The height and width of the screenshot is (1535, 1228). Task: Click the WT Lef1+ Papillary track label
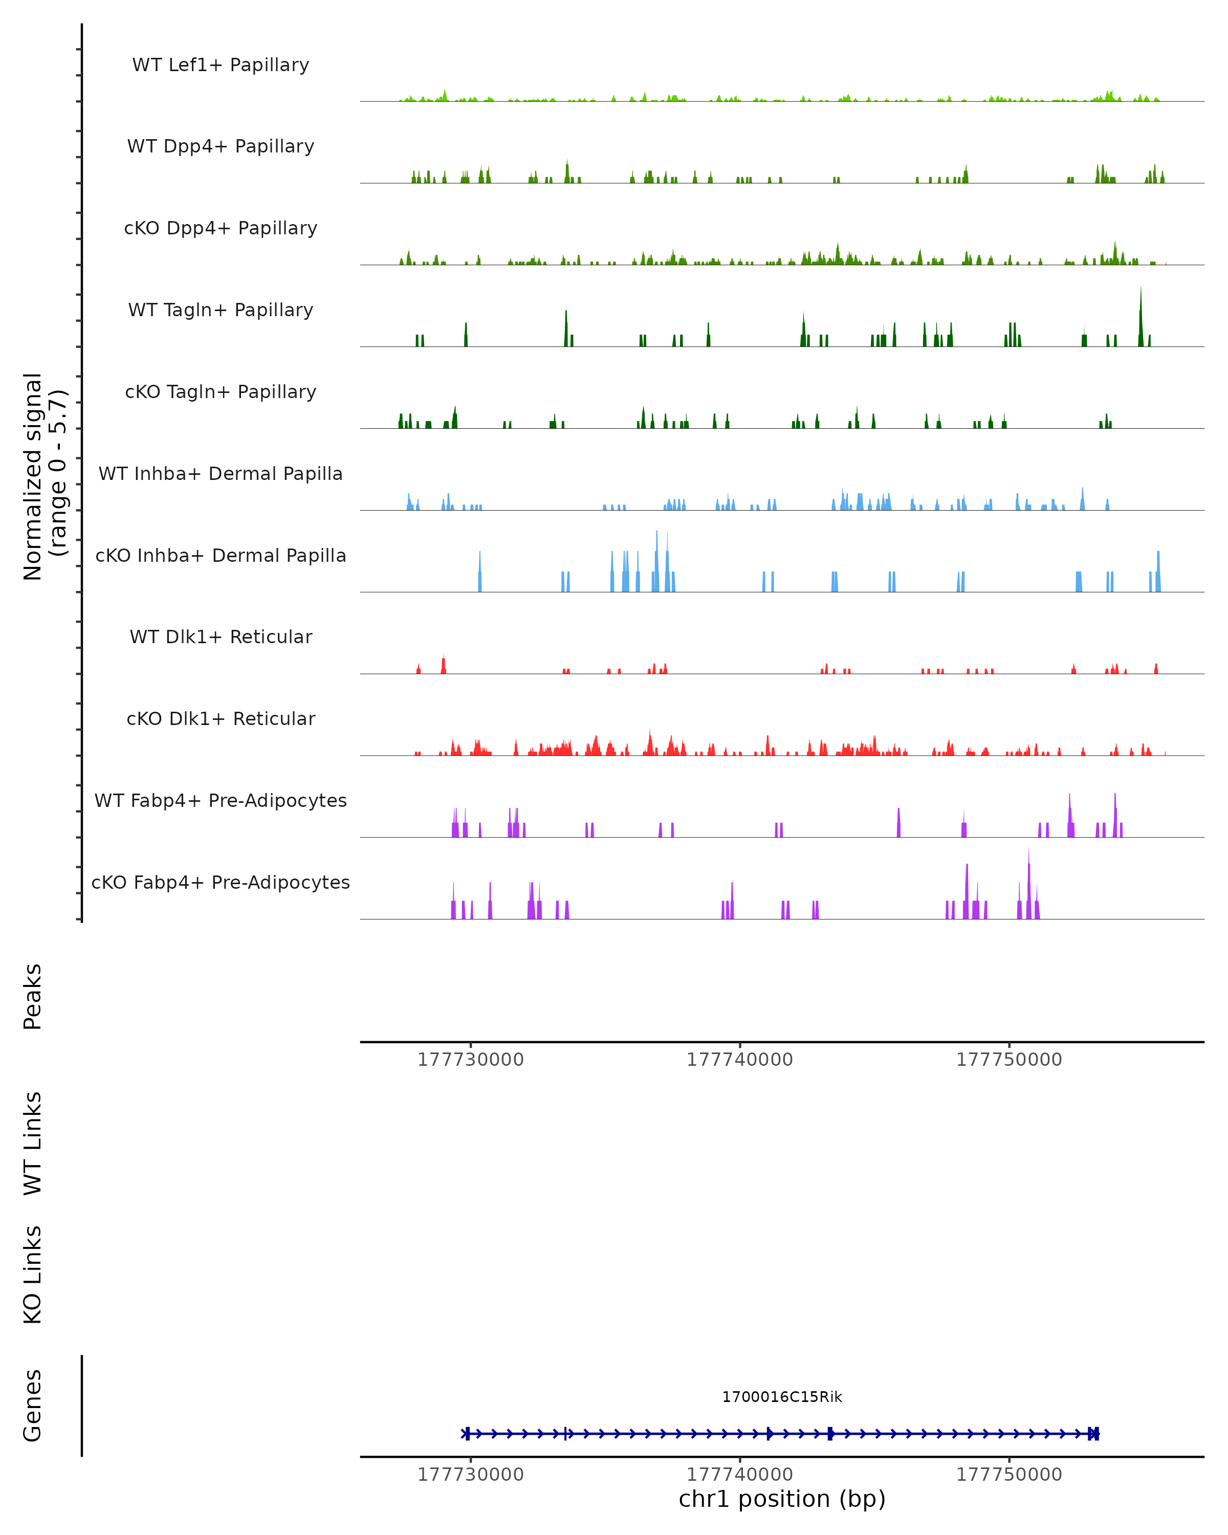[221, 65]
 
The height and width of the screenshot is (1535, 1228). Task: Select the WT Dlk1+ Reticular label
[221, 637]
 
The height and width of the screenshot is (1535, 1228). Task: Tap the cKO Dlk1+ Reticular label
[221, 718]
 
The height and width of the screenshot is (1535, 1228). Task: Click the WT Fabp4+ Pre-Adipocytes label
[221, 800]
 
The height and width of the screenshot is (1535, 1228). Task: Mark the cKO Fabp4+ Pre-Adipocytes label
[221, 882]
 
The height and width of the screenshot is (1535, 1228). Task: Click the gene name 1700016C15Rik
[782, 1397]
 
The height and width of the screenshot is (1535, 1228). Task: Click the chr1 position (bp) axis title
[782, 1499]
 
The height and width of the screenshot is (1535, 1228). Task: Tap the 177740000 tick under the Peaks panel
[740, 1060]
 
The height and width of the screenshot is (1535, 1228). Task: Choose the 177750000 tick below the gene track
[1008, 1475]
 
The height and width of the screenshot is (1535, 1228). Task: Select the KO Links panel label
[33, 1275]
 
